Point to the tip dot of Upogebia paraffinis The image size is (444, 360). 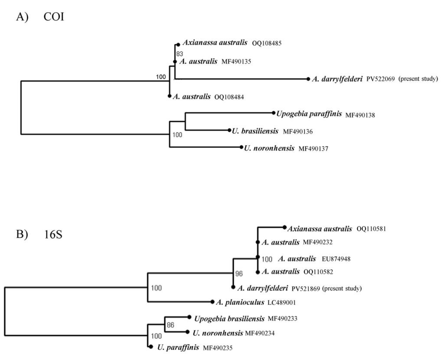pyautogui.click(x=274, y=113)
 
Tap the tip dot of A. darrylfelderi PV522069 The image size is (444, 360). pyautogui.click(x=308, y=79)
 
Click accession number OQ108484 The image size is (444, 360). pyautogui.click(x=229, y=97)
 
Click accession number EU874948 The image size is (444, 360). pyautogui.click(x=336, y=259)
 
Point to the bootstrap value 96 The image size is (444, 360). pyautogui.click(x=239, y=274)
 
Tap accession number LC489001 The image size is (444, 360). pyautogui.click(x=275, y=302)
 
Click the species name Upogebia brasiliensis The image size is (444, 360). pyautogui.click(x=229, y=319)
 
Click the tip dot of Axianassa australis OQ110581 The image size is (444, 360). pyautogui.click(x=284, y=227)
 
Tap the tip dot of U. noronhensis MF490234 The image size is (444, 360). pyautogui.click(x=187, y=332)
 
